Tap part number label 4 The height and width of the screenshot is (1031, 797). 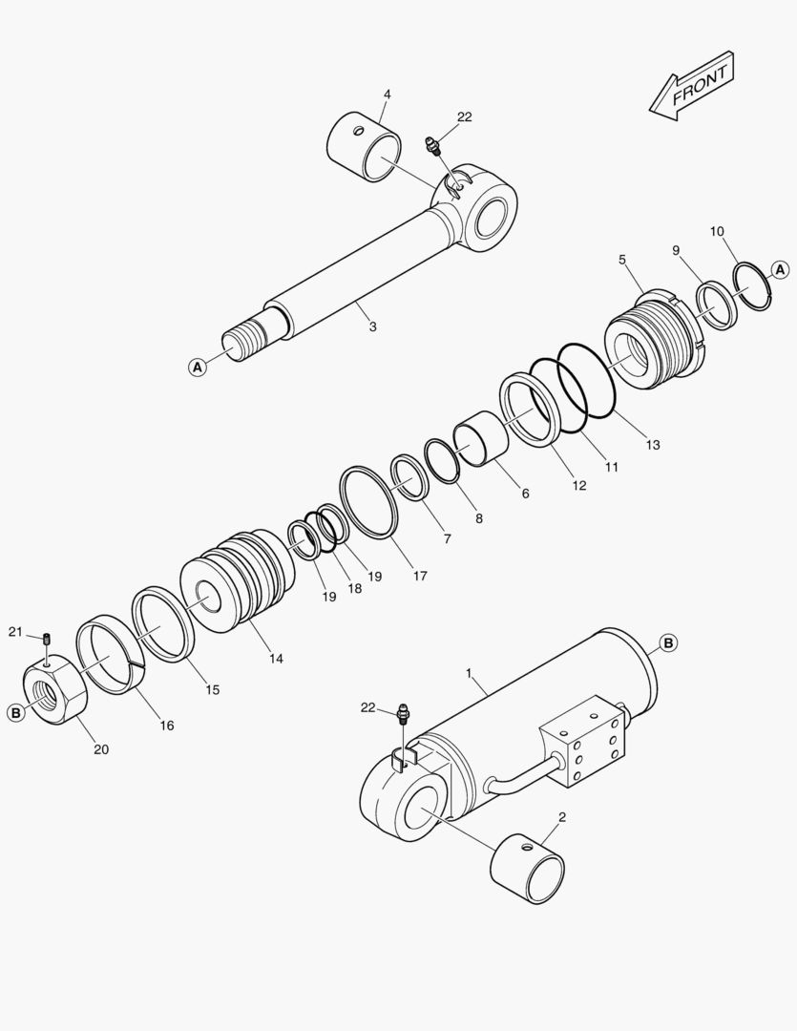point(387,95)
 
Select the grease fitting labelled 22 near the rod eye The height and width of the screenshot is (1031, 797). point(432,147)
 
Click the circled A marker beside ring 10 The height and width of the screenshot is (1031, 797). point(780,270)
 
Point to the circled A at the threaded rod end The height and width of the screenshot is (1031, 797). point(198,366)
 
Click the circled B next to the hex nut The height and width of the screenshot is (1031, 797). point(16,712)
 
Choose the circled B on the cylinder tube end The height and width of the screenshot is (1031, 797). point(668,643)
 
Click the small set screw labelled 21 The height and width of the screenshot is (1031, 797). point(45,637)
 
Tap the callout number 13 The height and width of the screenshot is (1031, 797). point(652,445)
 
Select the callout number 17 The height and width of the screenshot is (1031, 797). point(420,577)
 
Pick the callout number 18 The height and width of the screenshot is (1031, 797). point(354,589)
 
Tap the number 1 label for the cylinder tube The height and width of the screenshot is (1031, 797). point(469,673)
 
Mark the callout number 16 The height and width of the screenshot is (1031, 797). point(167,726)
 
